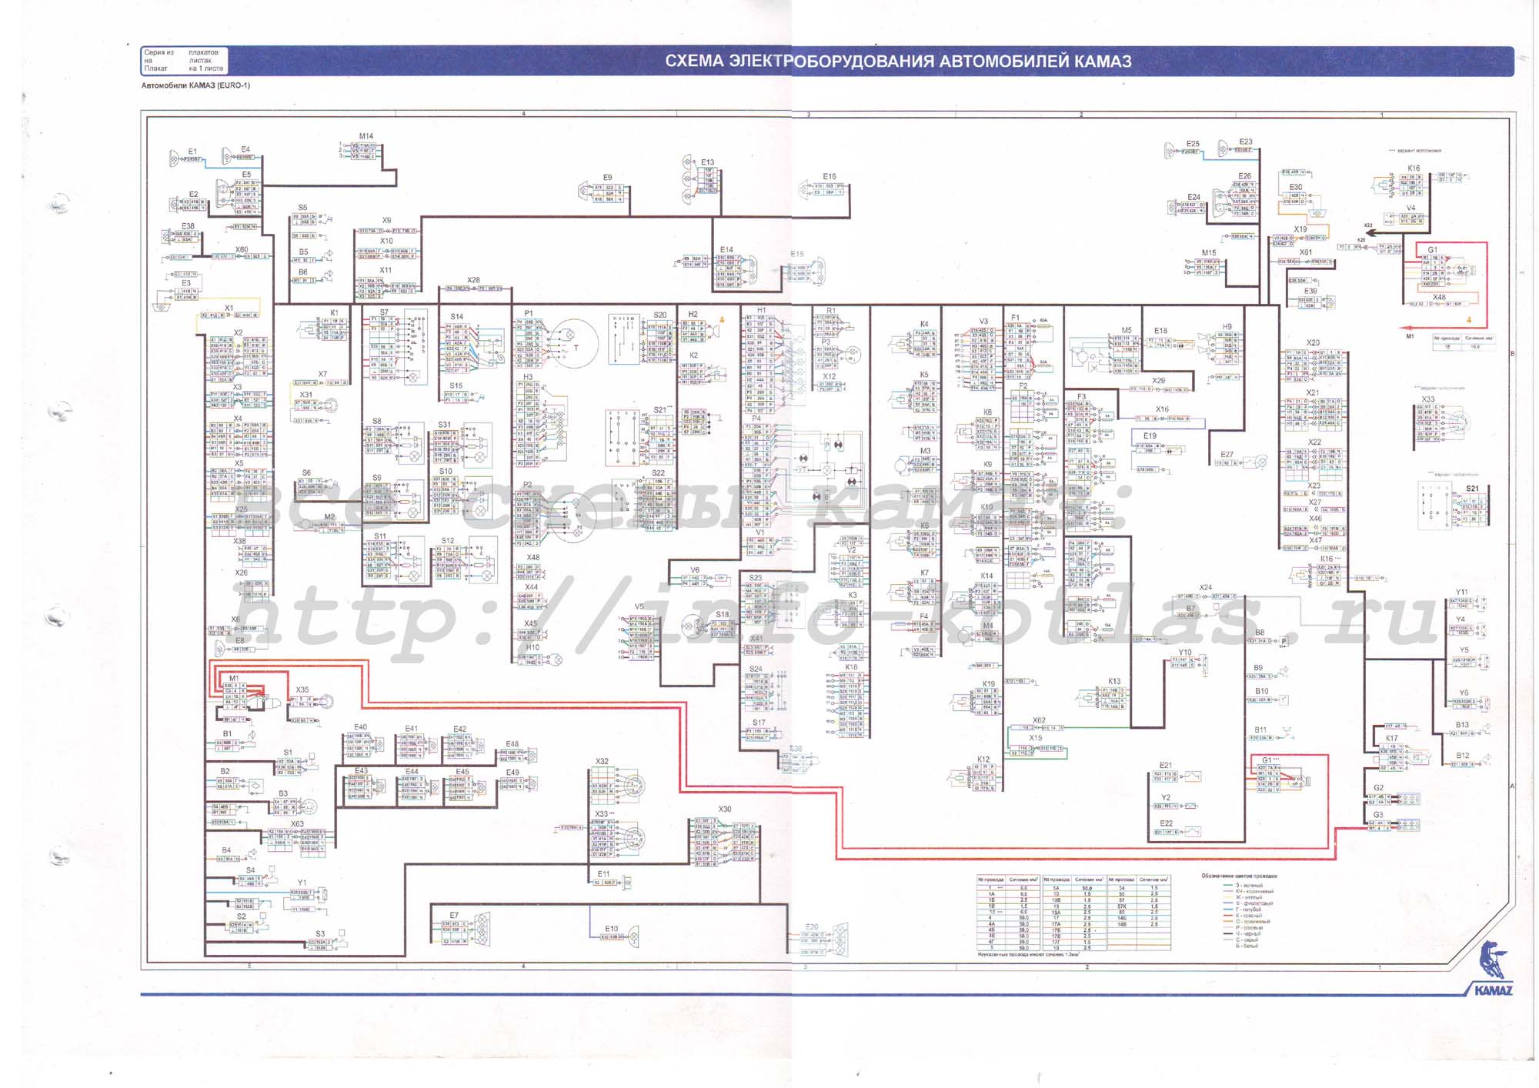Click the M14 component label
pos(366,136)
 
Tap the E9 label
pos(608,178)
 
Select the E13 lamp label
pos(708,162)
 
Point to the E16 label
pos(830,176)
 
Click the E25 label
pos(1193,144)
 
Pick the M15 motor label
pos(1209,252)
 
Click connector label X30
pos(725,809)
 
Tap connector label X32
pos(602,761)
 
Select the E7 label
pos(454,915)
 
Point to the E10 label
pos(612,929)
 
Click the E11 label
pos(603,874)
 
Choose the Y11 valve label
pos(1461,592)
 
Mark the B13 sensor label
pos(1462,725)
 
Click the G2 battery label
pos(1378,788)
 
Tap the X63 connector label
pos(297,823)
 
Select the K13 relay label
pos(1114,681)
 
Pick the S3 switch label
pos(320,933)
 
